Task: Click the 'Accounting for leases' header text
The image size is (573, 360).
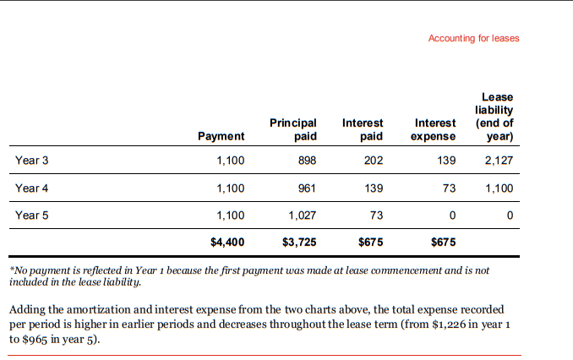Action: [473, 38]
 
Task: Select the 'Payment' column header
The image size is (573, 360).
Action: [221, 136]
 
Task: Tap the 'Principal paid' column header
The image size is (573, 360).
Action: [292, 129]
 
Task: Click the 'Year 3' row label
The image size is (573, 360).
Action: [32, 160]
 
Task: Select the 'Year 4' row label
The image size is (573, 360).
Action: [32, 188]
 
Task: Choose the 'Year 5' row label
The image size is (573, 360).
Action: [32, 215]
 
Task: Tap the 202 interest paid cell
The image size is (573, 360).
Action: [373, 160]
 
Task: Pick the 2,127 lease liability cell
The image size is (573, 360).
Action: [499, 160]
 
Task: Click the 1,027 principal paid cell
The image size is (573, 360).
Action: [302, 215]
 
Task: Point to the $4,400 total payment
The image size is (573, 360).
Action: [227, 243]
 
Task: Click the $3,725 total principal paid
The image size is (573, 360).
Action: [299, 243]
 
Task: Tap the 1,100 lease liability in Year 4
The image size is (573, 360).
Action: [499, 188]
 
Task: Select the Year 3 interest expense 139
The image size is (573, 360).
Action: [446, 160]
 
